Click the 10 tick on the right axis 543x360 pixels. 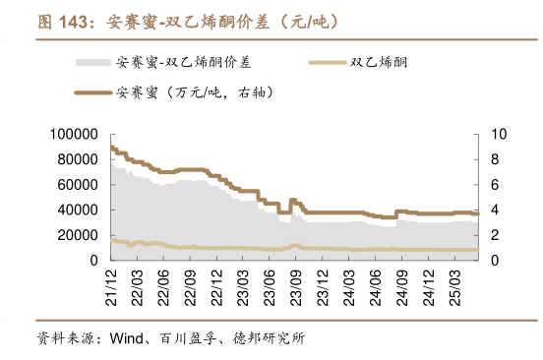497,134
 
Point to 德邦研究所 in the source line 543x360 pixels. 270,339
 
